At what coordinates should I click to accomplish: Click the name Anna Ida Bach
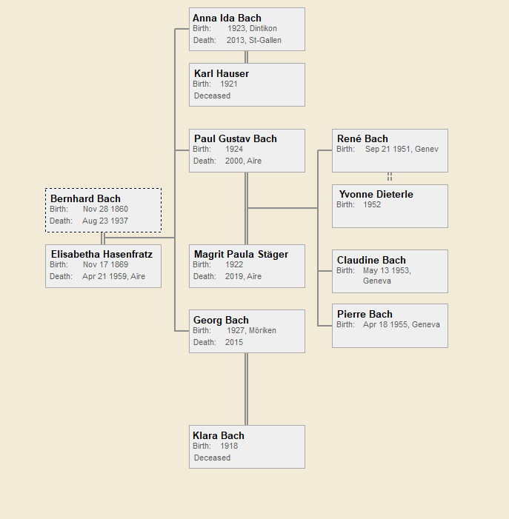(x=227, y=19)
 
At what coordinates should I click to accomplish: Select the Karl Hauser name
(x=222, y=74)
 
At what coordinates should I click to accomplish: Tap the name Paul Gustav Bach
(x=236, y=139)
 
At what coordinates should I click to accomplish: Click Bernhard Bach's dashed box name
(x=85, y=199)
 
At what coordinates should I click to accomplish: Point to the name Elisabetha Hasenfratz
(x=102, y=255)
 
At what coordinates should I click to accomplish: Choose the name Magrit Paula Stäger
(x=241, y=255)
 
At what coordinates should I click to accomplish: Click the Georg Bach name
(x=222, y=321)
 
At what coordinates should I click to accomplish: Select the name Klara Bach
(x=219, y=436)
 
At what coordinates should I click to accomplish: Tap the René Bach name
(x=362, y=139)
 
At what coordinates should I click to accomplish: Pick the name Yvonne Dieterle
(x=376, y=195)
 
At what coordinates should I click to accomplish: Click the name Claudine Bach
(x=371, y=261)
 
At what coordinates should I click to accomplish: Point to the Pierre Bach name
(x=365, y=315)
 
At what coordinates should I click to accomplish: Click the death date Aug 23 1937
(x=105, y=221)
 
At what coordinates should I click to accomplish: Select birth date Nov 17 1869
(x=106, y=265)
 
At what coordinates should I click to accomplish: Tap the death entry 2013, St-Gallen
(x=254, y=41)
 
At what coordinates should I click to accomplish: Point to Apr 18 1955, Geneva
(x=401, y=325)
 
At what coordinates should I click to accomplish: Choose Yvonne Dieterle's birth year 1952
(x=373, y=205)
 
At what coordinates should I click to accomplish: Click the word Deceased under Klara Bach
(x=213, y=458)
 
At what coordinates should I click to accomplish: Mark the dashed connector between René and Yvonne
(x=390, y=178)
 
